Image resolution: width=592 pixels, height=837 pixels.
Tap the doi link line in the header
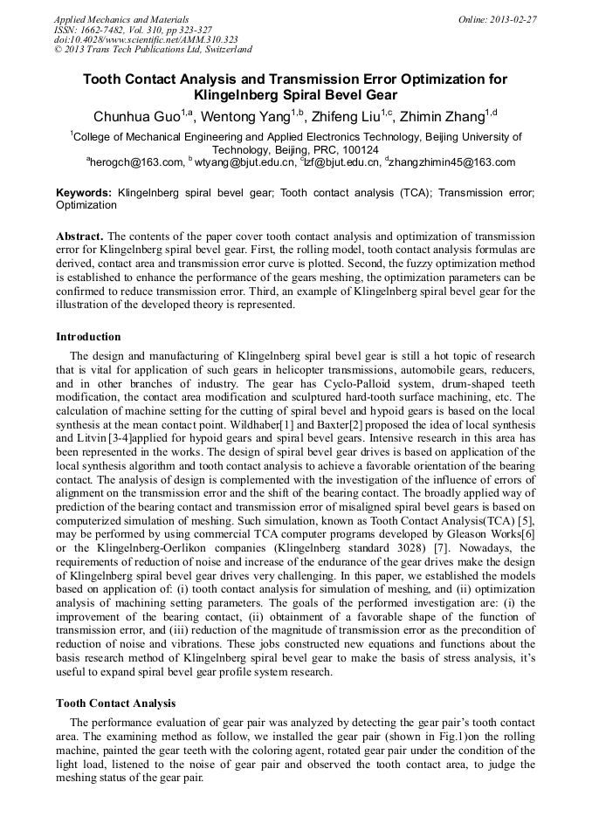[x=145, y=40]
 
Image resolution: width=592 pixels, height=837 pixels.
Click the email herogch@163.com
[x=136, y=162]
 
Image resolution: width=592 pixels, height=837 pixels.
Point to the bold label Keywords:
[x=84, y=192]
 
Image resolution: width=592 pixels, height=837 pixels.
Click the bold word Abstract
[x=79, y=237]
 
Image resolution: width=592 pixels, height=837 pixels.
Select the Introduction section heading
[x=88, y=337]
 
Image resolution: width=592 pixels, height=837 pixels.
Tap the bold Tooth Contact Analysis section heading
[x=115, y=703]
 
